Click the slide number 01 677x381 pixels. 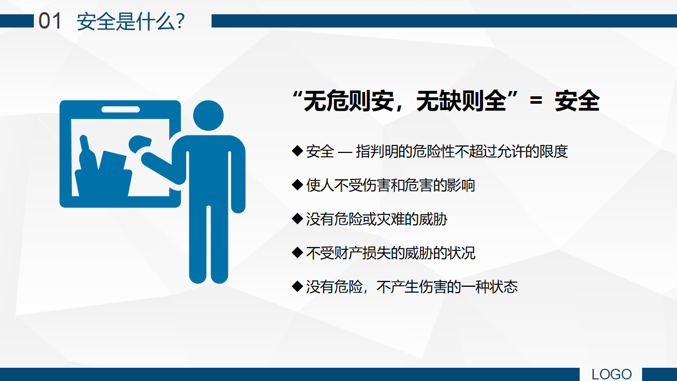50,21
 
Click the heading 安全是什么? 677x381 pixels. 131,22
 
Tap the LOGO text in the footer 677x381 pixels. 611,374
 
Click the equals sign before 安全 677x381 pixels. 536,101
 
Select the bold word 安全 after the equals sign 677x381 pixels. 577,101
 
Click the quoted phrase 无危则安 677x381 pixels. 349,101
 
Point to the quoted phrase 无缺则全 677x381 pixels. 461,101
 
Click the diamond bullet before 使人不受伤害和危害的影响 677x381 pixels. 297,185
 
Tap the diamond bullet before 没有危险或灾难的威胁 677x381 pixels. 297,219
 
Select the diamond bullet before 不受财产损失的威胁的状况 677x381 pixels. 297,252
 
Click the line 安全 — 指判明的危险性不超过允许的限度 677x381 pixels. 437,151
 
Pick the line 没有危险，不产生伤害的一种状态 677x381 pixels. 411,287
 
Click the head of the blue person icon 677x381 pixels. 208,115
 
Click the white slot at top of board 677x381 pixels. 121,110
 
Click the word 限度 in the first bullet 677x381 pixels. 554,151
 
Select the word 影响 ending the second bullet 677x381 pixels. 461,185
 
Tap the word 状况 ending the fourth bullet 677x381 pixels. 461,253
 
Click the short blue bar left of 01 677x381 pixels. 17,21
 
